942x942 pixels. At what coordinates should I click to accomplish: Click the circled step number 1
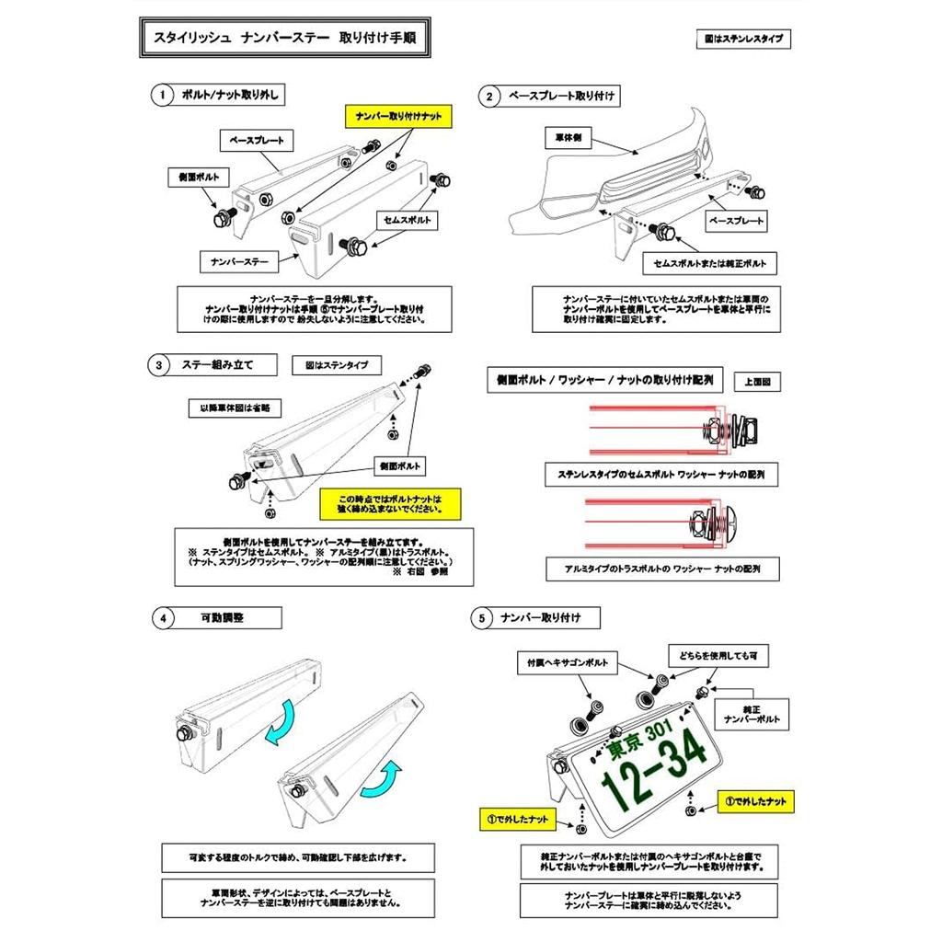click(x=162, y=95)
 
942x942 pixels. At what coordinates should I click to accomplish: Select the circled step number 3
click(x=160, y=365)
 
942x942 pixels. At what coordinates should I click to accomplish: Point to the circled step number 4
click(x=163, y=617)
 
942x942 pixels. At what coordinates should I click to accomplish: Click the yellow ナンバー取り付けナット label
click(x=398, y=117)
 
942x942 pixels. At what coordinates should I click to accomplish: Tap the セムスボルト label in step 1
click(x=405, y=220)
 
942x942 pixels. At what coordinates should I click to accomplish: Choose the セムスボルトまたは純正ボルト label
click(x=708, y=263)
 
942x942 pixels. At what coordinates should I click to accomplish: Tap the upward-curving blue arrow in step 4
click(x=383, y=781)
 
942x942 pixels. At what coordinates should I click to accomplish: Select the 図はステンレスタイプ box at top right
click(x=744, y=40)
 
